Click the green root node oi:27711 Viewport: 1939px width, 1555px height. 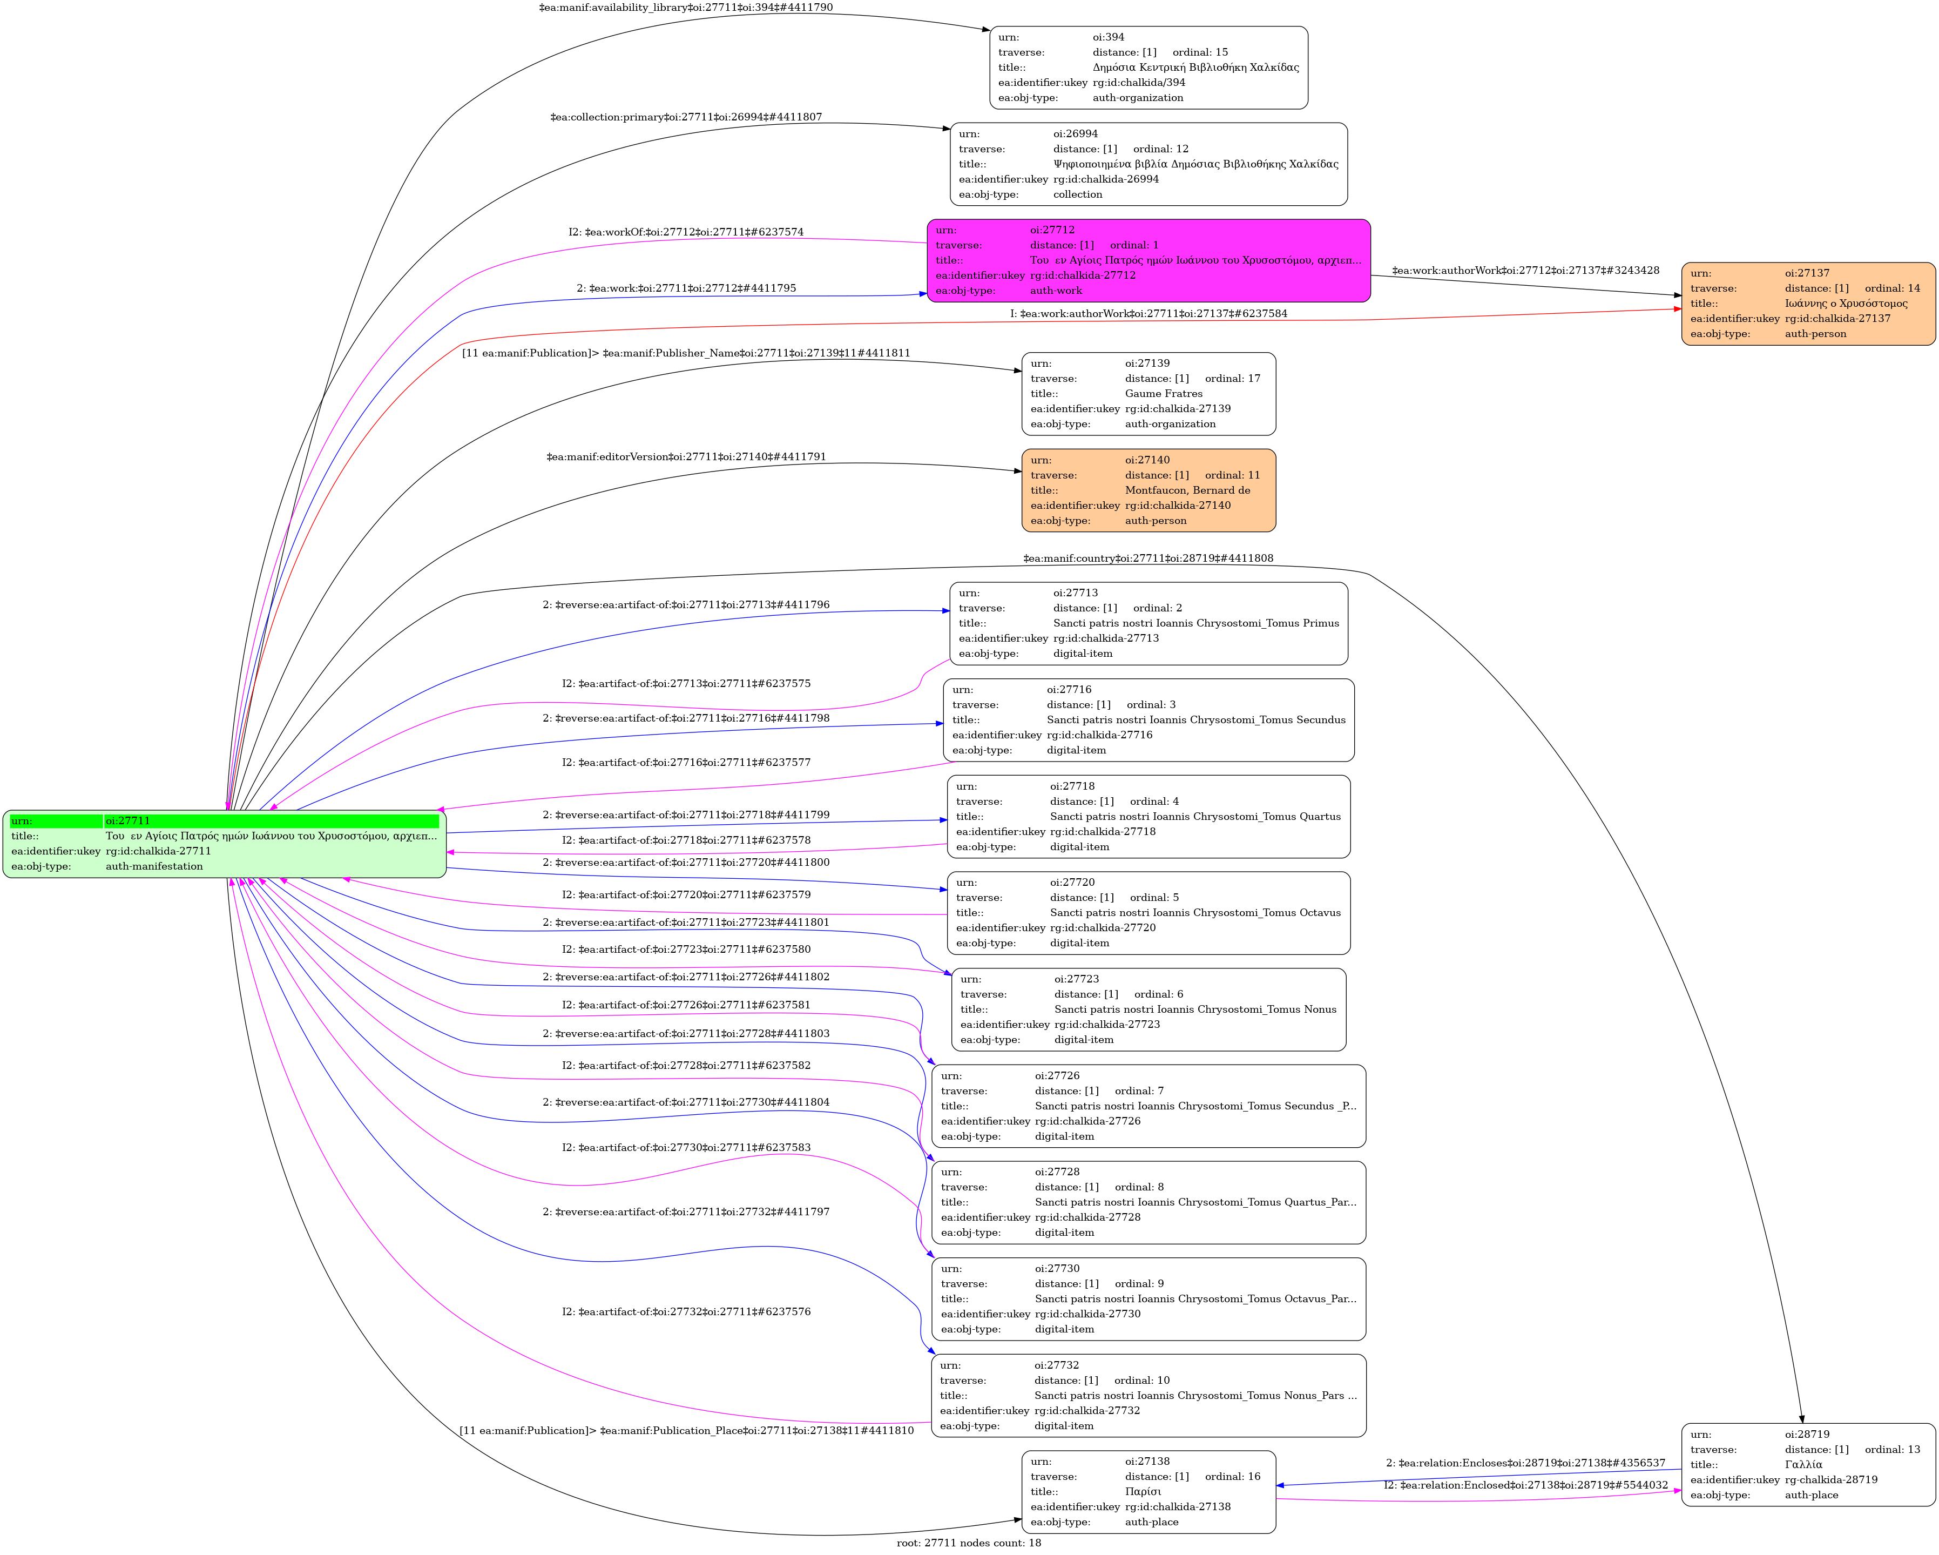pos(225,844)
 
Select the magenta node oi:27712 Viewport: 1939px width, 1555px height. pos(1148,261)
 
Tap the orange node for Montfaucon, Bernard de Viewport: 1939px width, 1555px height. pos(1148,490)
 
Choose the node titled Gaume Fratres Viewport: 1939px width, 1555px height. pos(1148,394)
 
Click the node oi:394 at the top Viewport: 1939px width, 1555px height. pos(1148,68)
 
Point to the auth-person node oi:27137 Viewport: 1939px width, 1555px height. pos(1808,304)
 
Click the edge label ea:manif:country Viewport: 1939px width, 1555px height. pos(1148,558)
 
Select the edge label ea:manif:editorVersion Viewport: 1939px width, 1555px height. pos(686,457)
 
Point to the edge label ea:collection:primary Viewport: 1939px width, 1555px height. pos(686,117)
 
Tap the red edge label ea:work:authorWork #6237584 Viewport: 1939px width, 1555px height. pos(1148,314)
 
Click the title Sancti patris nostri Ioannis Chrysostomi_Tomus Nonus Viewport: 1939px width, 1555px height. pos(1195,1009)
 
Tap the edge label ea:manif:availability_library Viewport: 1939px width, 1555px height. pos(686,7)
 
